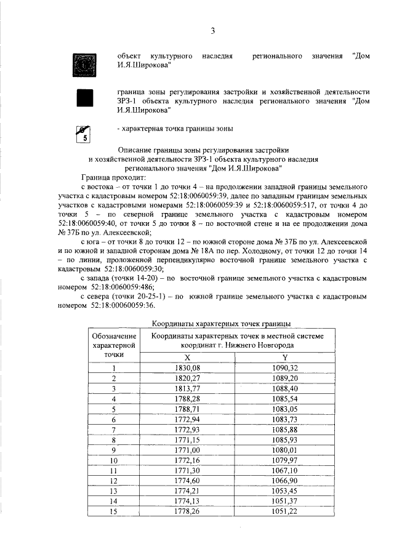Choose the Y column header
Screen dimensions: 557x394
click(284, 356)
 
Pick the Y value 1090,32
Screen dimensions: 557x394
click(284, 367)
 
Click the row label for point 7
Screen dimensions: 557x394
click(114, 429)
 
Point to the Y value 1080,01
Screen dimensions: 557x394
click(284, 449)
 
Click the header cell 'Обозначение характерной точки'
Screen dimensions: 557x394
click(114, 345)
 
